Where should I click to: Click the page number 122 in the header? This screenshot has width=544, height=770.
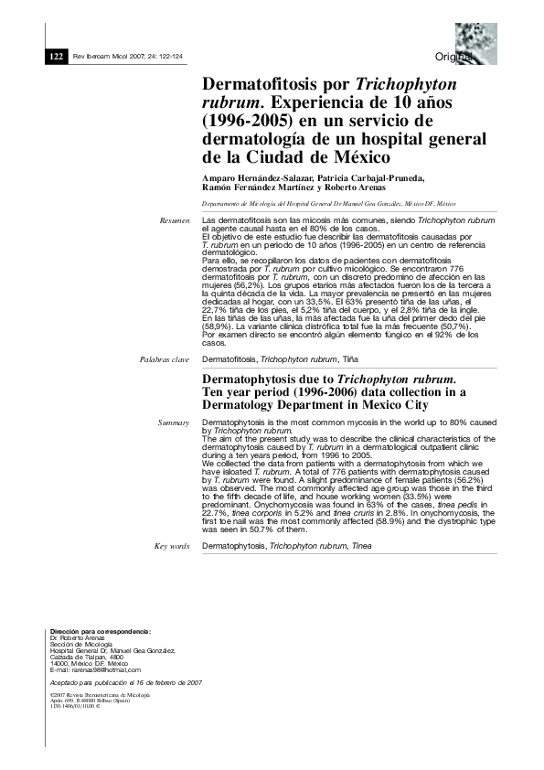[x=54, y=55]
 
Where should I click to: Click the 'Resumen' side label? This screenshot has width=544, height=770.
[x=175, y=221]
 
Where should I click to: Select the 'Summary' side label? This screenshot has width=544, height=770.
[x=174, y=422]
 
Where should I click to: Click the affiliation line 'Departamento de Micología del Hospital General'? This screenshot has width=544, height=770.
[x=330, y=204]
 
